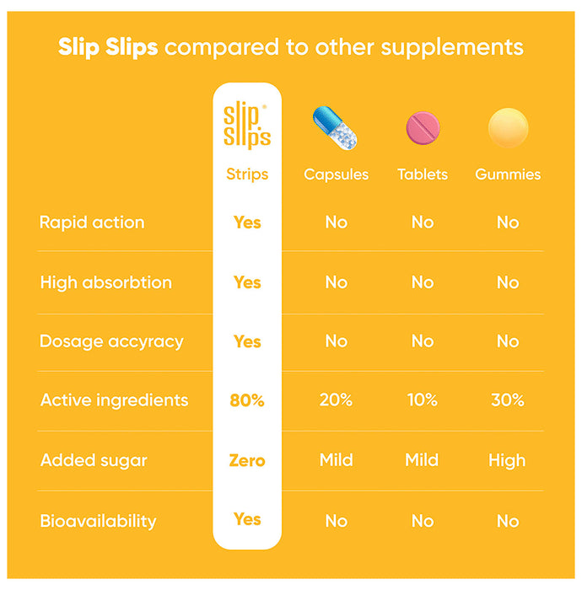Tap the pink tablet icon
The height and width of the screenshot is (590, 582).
pos(423,128)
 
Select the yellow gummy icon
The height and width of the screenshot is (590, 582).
pos(508,128)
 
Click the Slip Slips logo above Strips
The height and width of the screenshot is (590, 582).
pos(247,126)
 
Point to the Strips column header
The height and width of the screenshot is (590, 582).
pos(247,174)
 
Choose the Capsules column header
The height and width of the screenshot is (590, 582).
pos(336,175)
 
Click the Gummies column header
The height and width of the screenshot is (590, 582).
pos(508,175)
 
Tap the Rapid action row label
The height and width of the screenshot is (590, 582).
pos(92,223)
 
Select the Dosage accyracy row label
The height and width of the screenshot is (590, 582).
pos(111,341)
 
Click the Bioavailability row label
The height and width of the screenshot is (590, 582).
pos(98,521)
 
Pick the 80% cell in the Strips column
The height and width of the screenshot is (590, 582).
pos(247,401)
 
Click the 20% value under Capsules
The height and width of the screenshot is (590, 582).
pos(336,401)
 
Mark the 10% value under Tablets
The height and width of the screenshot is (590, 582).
pos(422,401)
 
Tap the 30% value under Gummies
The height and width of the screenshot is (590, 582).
pos(508,401)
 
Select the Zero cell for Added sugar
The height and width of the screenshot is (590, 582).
pos(247,461)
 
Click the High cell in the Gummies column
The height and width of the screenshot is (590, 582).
pos(507,461)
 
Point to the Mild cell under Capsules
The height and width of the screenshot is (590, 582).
pos(336,461)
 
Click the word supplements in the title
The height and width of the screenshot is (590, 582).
pos(452,47)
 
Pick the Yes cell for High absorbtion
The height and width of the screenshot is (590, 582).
pos(247,282)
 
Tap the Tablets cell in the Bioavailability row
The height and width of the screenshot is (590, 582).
pos(422,521)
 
